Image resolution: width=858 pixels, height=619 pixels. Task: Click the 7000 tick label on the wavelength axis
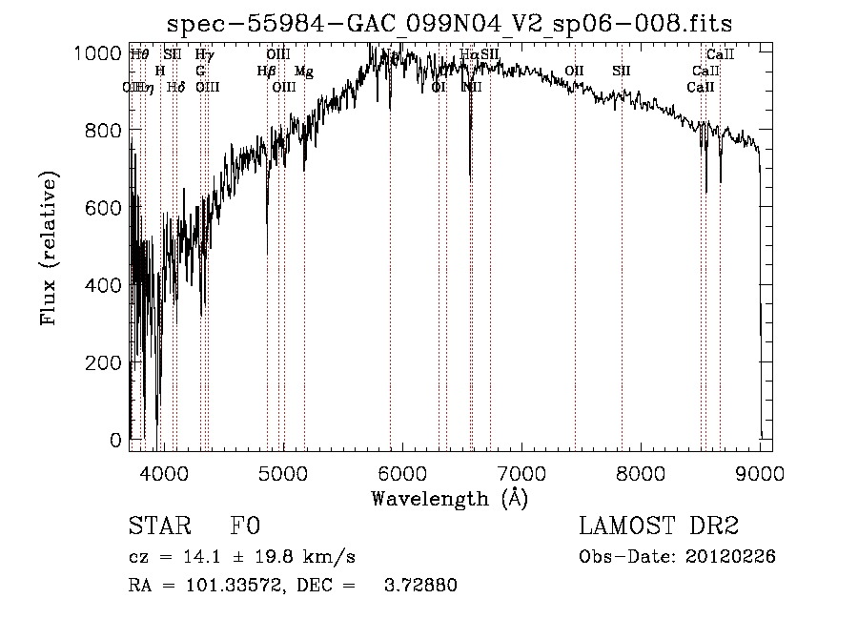click(x=521, y=474)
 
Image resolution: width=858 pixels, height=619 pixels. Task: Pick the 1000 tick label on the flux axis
click(x=98, y=53)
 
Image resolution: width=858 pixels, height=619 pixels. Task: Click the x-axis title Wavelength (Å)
click(x=449, y=498)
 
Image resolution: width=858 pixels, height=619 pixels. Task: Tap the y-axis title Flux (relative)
click(x=50, y=248)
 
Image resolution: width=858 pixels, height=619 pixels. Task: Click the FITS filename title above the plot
click(x=449, y=23)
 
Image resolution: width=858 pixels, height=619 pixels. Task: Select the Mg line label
click(x=304, y=72)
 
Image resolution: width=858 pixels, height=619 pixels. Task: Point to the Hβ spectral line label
click(x=267, y=72)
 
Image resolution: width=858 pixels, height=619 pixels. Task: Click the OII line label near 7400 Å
click(x=574, y=72)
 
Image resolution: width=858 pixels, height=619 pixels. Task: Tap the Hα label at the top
click(x=467, y=55)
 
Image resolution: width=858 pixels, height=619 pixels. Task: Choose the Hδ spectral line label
click(x=175, y=88)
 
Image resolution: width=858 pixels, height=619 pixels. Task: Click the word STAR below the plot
click(x=157, y=527)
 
